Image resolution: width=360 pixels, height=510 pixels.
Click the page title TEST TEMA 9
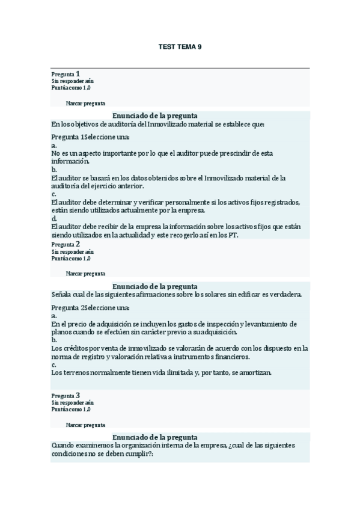click(180, 46)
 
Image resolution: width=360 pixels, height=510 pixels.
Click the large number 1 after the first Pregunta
click(78, 73)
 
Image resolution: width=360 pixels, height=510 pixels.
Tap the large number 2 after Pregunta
click(78, 244)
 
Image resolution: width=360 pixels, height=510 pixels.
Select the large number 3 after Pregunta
click(78, 395)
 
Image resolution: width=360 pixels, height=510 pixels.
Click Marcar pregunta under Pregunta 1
click(85, 103)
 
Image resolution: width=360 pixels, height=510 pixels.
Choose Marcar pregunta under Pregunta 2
click(85, 273)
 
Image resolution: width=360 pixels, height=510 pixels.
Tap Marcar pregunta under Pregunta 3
click(85, 425)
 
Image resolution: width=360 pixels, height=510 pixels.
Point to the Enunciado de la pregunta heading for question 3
click(155, 437)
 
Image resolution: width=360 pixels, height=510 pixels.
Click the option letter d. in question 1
click(54, 220)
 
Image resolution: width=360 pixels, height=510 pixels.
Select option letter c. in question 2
click(54, 364)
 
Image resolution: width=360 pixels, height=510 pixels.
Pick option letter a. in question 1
click(54, 146)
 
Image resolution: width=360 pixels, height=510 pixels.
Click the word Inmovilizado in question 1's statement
click(166, 124)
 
